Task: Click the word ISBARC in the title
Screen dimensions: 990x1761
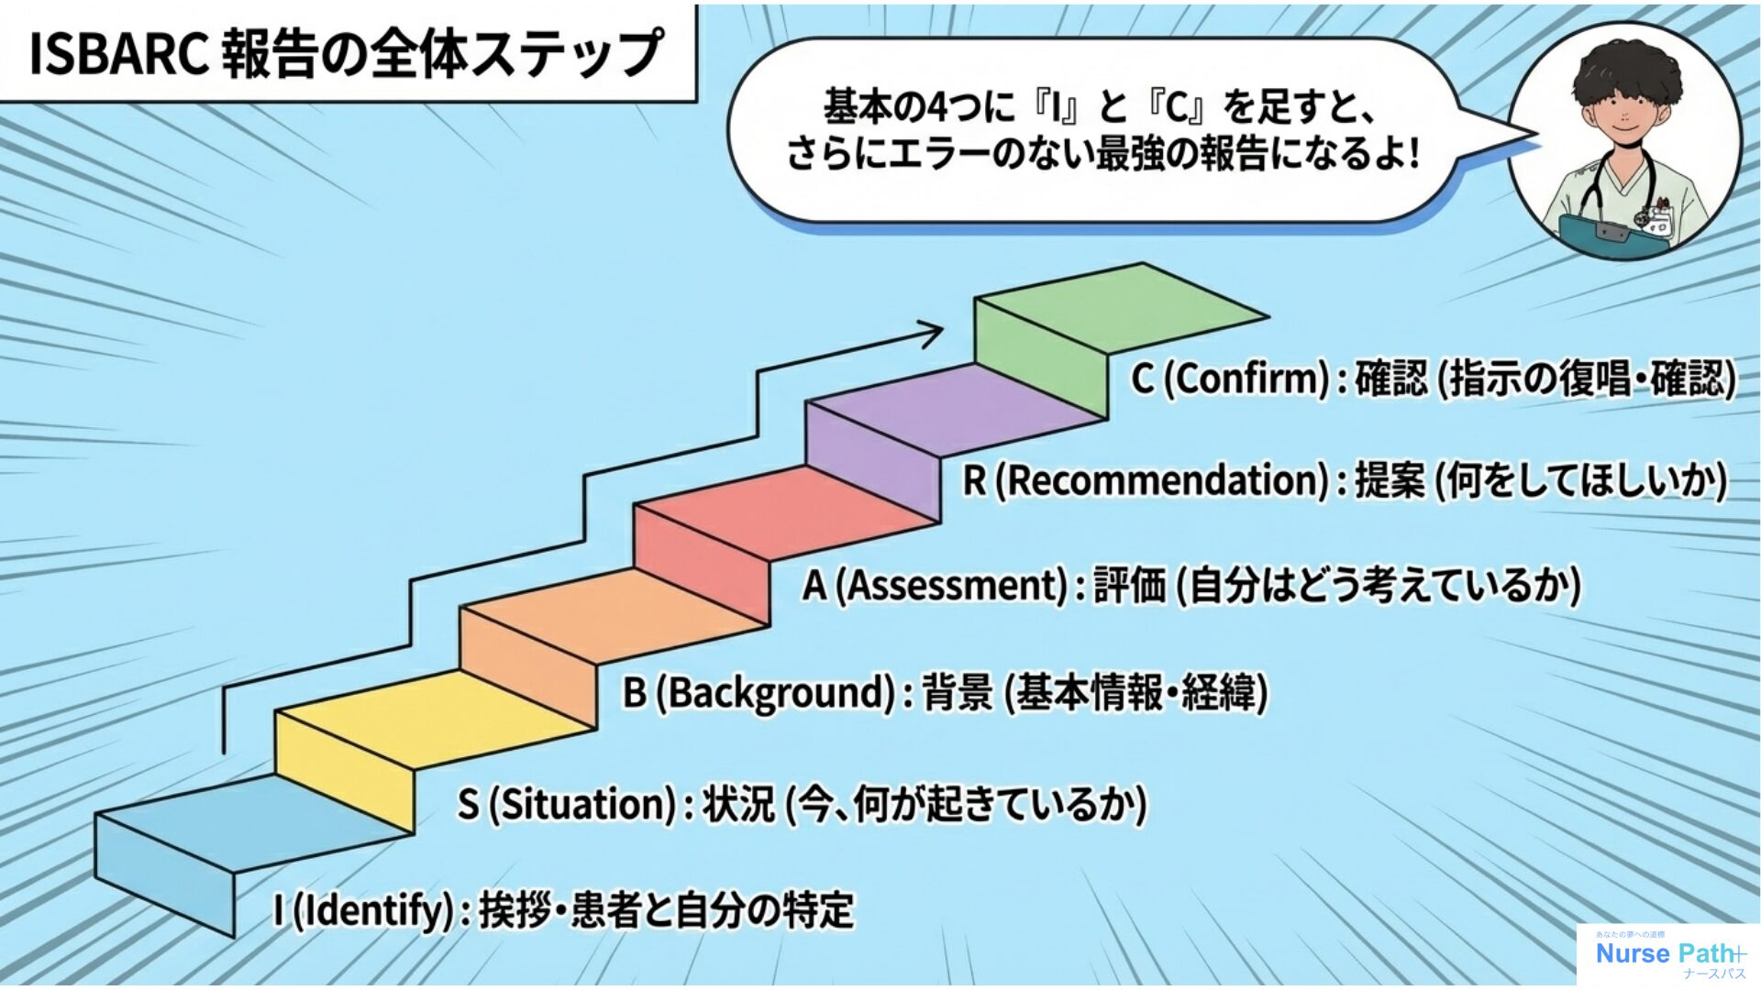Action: coord(114,55)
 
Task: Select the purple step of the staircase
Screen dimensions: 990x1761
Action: coord(954,403)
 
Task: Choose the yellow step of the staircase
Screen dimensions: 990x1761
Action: coord(431,715)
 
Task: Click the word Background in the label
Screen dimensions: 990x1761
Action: coord(776,692)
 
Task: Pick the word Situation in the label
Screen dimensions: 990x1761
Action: coord(583,804)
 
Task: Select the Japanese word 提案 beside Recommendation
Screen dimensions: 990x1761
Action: coord(1390,481)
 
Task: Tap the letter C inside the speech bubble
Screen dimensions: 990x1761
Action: coord(1178,109)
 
